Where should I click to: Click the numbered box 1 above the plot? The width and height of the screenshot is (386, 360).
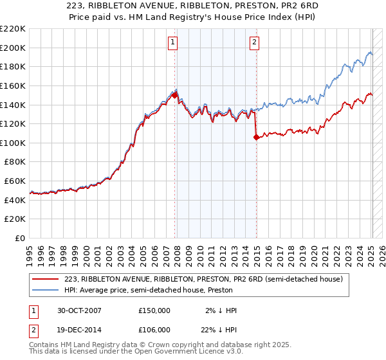(x=173, y=43)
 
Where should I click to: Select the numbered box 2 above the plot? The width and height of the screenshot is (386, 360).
(x=255, y=43)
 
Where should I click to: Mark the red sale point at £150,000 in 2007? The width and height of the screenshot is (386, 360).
(x=174, y=94)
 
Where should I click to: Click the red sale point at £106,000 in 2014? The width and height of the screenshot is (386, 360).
(x=256, y=136)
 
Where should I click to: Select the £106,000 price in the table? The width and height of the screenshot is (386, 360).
(x=154, y=330)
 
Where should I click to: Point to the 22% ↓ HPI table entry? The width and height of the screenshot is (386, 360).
(x=219, y=330)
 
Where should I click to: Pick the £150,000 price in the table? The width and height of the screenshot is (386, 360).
(x=154, y=310)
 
